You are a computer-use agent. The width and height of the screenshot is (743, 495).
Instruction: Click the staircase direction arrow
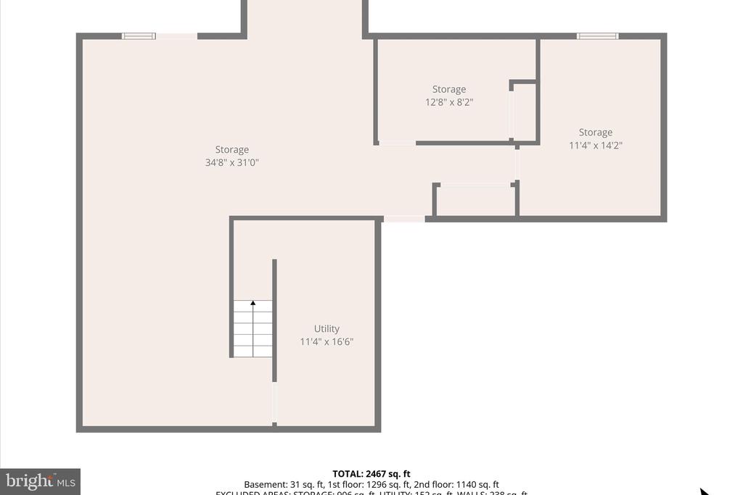253,304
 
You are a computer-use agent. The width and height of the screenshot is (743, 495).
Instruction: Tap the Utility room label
327,328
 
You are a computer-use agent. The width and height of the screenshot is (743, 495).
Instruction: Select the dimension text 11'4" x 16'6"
327,341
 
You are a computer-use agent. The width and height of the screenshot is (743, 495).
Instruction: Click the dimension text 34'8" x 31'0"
231,163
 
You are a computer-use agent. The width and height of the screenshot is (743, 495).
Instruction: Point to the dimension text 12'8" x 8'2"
449,102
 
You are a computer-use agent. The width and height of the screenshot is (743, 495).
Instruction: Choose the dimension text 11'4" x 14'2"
595,145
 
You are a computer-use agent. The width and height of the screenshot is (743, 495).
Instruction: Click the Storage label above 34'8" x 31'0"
231,150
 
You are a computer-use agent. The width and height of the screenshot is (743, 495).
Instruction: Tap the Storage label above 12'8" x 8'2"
449,89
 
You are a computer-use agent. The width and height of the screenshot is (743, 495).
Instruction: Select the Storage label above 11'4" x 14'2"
595,132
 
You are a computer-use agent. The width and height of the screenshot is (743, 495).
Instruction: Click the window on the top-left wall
139,36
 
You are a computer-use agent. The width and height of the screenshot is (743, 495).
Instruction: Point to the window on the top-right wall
597,36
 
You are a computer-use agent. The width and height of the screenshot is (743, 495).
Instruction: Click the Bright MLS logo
41,481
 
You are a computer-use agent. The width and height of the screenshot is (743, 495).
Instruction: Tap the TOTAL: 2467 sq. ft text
371,474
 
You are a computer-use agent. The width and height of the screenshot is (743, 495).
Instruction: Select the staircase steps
253,330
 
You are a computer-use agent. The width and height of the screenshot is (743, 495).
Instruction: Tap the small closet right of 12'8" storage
524,112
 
